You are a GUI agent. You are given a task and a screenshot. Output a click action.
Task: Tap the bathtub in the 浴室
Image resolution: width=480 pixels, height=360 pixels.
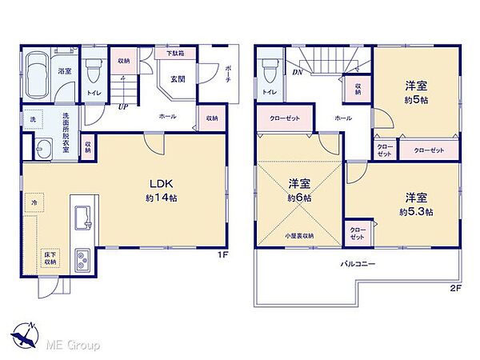click(x=38, y=75)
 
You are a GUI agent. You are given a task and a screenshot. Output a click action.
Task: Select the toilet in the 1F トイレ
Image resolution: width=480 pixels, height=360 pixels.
click(x=94, y=73)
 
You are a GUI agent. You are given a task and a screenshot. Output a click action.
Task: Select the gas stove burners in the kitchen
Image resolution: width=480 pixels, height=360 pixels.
click(x=83, y=260)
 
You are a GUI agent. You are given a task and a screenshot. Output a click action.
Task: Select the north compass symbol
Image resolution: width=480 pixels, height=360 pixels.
click(x=25, y=333)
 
